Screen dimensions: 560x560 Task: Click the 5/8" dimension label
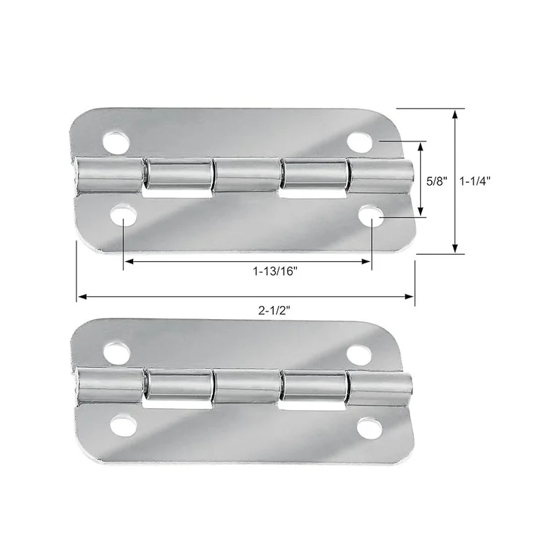pos(437,181)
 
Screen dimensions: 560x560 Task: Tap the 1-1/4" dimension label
pos(475,181)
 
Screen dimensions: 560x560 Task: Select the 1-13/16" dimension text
pos(275,272)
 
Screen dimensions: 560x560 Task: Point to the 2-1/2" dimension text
pos(274,310)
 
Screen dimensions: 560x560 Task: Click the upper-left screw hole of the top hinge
pos(115,143)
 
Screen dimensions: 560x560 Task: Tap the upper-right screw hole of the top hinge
pos(360,142)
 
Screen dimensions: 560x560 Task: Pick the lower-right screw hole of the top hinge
pos(372,216)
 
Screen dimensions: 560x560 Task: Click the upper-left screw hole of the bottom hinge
pos(117,353)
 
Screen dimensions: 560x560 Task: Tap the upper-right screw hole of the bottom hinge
pos(359,353)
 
